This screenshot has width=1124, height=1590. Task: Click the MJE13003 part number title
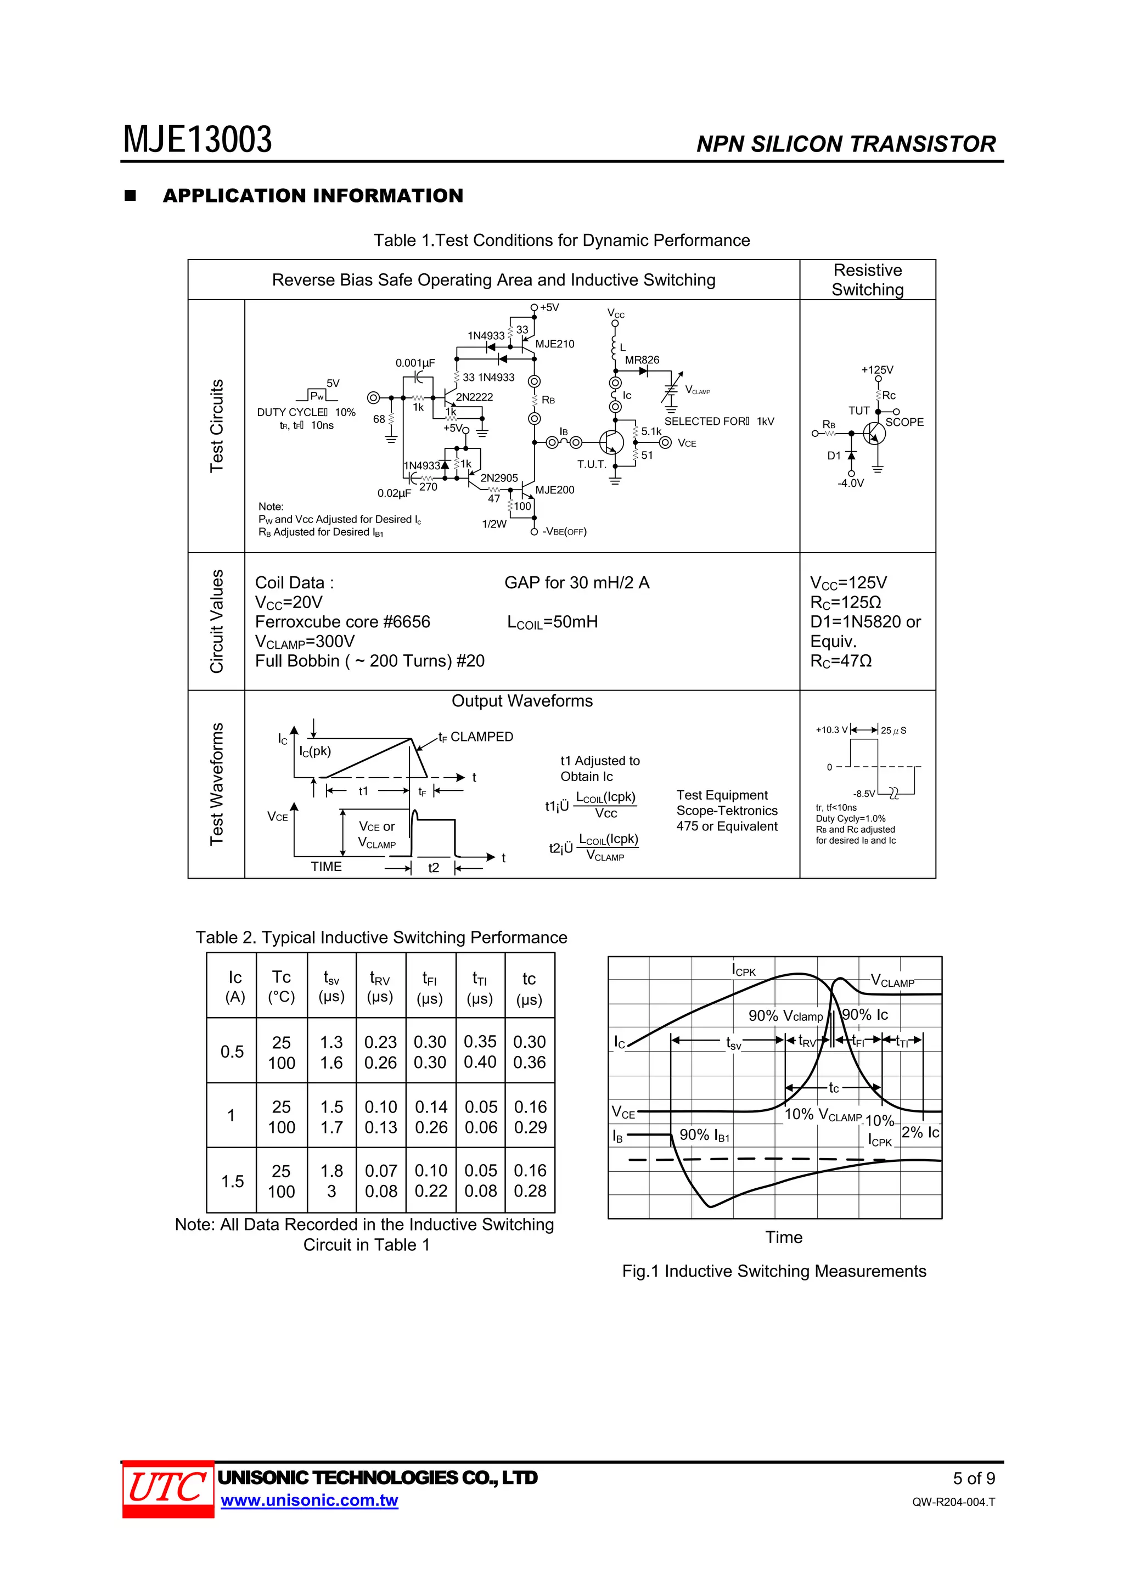point(198,140)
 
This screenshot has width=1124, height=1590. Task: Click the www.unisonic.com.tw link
point(309,1501)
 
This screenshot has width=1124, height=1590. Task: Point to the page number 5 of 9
point(974,1479)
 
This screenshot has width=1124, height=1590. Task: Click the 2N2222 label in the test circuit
point(474,397)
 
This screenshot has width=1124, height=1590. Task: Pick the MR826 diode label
point(642,360)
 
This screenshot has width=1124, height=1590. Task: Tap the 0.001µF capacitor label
point(415,363)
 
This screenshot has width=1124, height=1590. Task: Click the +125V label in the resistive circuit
point(877,370)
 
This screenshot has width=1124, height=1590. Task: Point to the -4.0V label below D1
point(851,484)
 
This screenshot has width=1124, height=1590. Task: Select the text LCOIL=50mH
point(552,622)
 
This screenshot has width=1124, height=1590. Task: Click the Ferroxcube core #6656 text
point(342,622)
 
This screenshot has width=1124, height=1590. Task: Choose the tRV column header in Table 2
point(380,987)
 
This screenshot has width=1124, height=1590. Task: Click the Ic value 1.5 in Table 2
point(232,1181)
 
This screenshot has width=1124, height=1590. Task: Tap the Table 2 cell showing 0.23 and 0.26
point(380,1052)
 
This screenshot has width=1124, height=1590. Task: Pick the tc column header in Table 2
point(529,987)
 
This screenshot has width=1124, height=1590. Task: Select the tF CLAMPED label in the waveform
point(476,737)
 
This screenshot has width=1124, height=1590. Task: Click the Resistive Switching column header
point(867,280)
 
